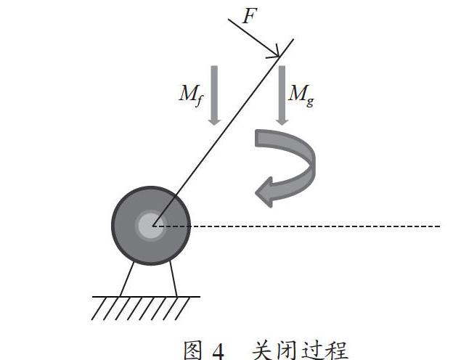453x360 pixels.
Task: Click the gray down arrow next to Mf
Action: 214,95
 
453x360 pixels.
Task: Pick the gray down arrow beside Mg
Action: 282,95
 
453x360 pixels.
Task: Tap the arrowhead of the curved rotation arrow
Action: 264,192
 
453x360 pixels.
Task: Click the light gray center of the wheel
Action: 150,226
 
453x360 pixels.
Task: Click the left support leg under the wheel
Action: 126,279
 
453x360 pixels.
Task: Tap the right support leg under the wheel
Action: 173,279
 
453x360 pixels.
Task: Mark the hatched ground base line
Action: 146,297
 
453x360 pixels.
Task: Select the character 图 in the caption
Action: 192,351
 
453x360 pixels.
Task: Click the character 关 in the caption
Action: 262,351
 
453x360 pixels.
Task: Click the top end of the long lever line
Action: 293,39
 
